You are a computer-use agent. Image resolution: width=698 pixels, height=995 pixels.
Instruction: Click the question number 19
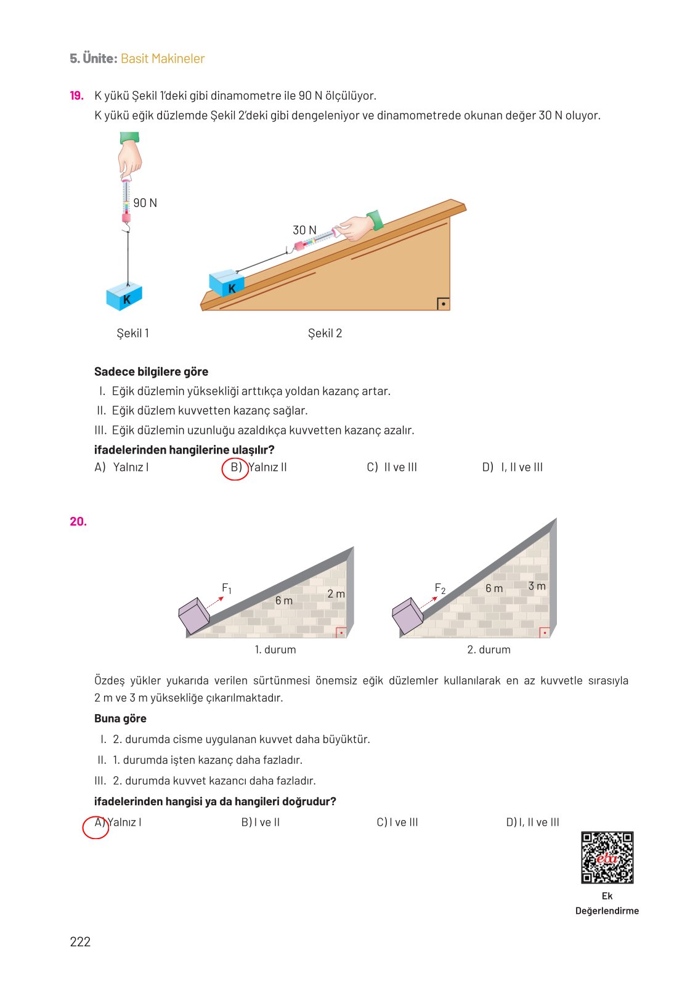pyautogui.click(x=76, y=95)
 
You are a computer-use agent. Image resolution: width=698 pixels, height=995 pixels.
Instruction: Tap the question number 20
pyautogui.click(x=78, y=521)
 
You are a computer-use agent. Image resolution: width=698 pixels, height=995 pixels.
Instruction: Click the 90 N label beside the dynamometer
pyautogui.click(x=145, y=203)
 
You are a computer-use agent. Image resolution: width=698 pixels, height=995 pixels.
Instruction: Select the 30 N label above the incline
pyautogui.click(x=304, y=230)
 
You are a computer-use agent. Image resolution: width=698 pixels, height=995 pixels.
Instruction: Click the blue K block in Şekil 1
pyautogui.click(x=124, y=296)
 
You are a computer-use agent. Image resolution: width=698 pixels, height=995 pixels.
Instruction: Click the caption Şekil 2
pyautogui.click(x=325, y=333)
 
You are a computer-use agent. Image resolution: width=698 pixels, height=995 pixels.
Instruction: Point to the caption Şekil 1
pyautogui.click(x=133, y=333)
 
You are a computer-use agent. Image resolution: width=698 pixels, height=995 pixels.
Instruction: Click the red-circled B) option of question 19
pyautogui.click(x=235, y=468)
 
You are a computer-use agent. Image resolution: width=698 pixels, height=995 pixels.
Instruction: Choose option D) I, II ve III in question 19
pyautogui.click(x=513, y=468)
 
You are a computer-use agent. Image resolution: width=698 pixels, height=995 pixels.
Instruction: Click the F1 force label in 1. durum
pyautogui.click(x=227, y=588)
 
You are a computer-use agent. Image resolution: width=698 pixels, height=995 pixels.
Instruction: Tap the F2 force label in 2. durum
pyautogui.click(x=440, y=588)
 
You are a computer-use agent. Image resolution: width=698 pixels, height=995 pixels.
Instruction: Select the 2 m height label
pyautogui.click(x=336, y=594)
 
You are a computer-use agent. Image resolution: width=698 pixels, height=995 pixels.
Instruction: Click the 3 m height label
pyautogui.click(x=537, y=586)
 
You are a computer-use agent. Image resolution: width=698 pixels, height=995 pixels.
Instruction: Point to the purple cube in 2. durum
pyautogui.click(x=407, y=615)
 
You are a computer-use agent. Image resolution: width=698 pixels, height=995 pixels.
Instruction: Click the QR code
pyautogui.click(x=607, y=857)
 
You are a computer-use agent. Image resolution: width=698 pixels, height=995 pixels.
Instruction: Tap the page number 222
pyautogui.click(x=80, y=941)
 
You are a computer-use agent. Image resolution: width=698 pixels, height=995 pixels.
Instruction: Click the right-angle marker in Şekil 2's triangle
pyautogui.click(x=443, y=303)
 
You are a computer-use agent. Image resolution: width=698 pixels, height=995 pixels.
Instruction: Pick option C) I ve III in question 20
pyautogui.click(x=397, y=822)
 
